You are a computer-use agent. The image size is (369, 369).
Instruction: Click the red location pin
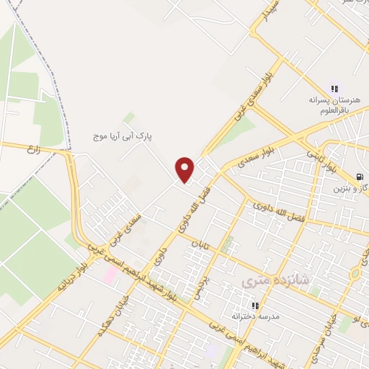click(x=185, y=170)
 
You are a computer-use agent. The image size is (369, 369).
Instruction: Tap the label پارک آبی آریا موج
click(x=128, y=135)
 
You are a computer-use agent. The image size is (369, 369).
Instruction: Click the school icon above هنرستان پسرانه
click(x=334, y=86)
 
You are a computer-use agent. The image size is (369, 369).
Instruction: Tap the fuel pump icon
click(x=360, y=178)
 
